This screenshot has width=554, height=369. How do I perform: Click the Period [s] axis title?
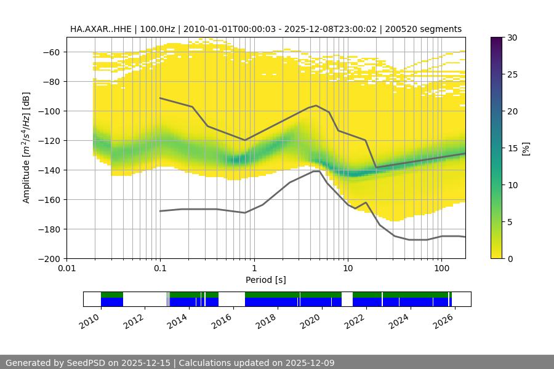[x=265, y=280]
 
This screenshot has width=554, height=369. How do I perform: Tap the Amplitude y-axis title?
[x=26, y=148]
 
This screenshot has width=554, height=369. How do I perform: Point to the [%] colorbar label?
[x=526, y=148]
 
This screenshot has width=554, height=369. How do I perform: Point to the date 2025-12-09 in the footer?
[x=305, y=363]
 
